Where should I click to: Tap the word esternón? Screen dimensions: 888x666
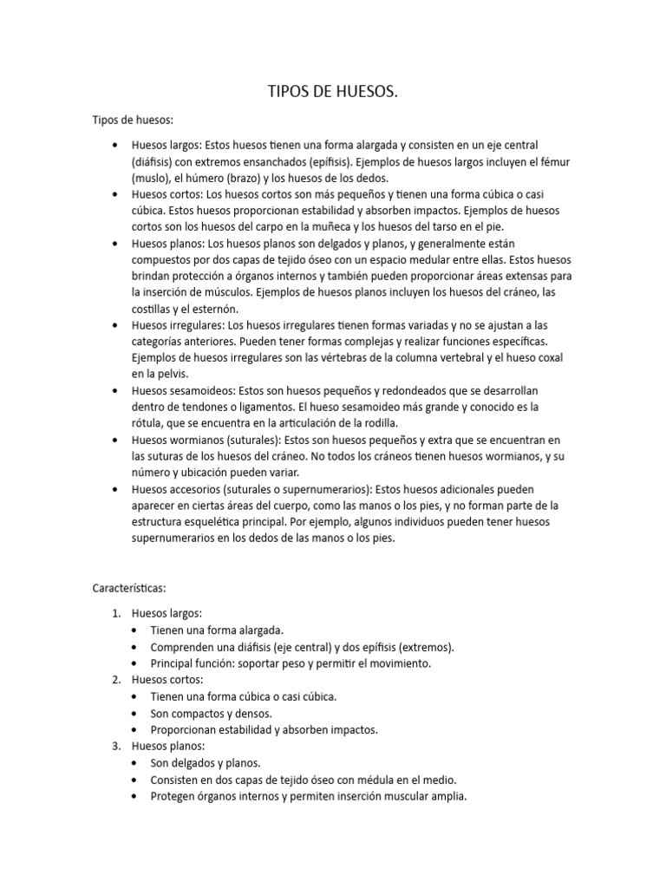pos(205,309)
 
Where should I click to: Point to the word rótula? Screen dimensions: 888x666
pos(147,423)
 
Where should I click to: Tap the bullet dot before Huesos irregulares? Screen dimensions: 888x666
pos(115,325)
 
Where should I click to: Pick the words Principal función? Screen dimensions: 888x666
pos(191,663)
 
